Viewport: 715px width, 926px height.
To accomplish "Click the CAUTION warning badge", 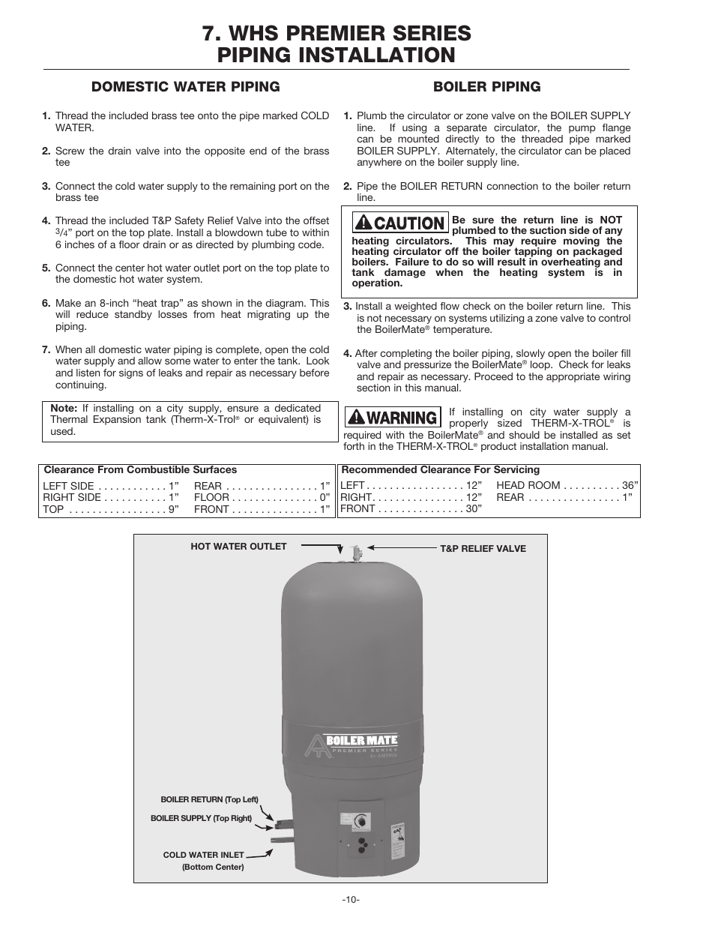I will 401,223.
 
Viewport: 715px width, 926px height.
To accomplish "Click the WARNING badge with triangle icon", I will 391,417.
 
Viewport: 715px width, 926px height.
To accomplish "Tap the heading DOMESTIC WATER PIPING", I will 185,86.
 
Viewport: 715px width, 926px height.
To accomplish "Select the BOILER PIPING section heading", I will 486,86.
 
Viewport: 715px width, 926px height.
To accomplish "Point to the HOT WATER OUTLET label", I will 238,547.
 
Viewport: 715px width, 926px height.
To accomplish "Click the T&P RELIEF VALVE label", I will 483,549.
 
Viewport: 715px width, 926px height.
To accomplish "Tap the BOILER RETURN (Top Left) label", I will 209,800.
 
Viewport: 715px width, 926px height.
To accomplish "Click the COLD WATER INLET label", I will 203,855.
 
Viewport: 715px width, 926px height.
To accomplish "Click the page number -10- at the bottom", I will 351,899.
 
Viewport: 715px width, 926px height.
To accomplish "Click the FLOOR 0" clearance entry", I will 262,498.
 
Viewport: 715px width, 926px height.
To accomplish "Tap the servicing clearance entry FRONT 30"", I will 411,508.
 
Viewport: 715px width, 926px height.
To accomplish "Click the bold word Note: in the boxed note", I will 64,409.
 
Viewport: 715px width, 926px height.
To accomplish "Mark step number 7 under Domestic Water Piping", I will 46,350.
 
